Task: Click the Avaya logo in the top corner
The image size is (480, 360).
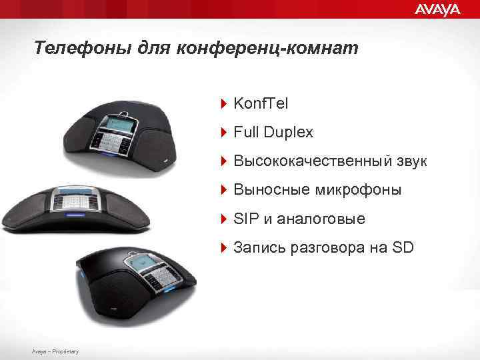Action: pos(437,9)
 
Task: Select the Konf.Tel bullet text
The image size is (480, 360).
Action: pos(261,103)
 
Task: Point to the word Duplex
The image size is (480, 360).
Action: pos(288,133)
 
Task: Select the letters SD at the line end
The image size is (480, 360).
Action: pos(403,248)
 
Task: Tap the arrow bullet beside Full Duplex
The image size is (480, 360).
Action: pos(224,133)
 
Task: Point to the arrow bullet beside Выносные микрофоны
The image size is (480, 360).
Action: pos(224,191)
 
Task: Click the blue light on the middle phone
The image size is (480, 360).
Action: pos(73,215)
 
